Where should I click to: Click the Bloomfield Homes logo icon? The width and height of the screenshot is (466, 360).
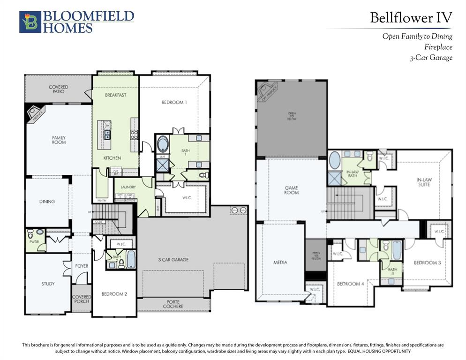[x=30, y=22]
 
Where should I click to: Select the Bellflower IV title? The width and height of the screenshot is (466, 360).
[x=411, y=18]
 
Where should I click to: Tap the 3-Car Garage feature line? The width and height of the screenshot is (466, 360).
[x=431, y=58]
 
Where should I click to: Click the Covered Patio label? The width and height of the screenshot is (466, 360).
[x=59, y=89]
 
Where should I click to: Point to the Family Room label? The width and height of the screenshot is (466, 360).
[x=59, y=140]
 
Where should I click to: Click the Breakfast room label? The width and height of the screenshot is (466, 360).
[x=115, y=95]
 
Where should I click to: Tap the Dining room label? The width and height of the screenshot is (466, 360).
[x=47, y=202]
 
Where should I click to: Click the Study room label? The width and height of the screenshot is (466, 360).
[x=48, y=284]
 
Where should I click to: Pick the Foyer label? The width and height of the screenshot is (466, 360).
[x=82, y=266]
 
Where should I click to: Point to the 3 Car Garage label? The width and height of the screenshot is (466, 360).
[x=173, y=259]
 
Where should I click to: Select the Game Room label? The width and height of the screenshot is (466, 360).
[x=292, y=190]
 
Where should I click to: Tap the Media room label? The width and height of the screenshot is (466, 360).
[x=280, y=262]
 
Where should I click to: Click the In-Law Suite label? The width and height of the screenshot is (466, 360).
[x=423, y=182]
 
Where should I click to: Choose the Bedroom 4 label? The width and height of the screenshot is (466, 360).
[x=350, y=284]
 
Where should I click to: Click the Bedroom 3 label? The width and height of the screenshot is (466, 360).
[x=427, y=262]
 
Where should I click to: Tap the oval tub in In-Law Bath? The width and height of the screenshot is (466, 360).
[x=335, y=160]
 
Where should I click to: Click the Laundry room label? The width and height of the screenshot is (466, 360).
[x=128, y=187]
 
